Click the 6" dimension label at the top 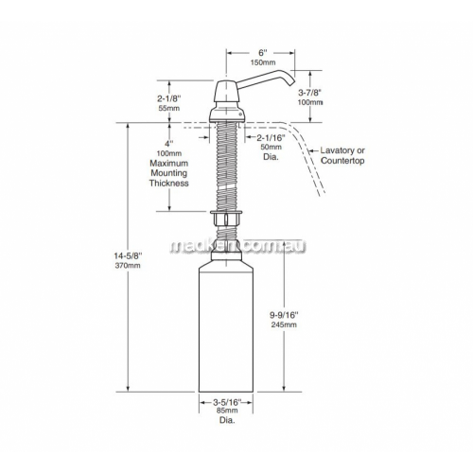click(x=261, y=53)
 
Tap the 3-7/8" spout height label click(x=310, y=93)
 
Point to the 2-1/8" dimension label click(x=169, y=98)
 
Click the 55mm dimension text click(x=169, y=108)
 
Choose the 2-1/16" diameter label click(x=271, y=137)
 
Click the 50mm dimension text click(x=271, y=147)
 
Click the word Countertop click(x=342, y=161)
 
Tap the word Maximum click(x=169, y=164)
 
